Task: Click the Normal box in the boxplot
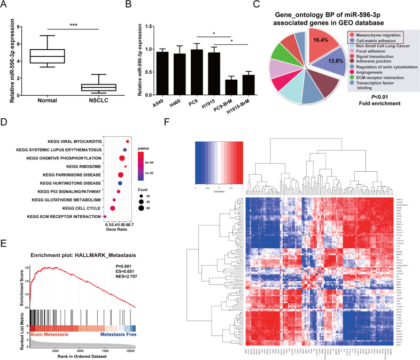[49, 56]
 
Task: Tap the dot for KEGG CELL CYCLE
[113, 208]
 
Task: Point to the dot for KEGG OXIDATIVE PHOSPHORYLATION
[122, 158]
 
